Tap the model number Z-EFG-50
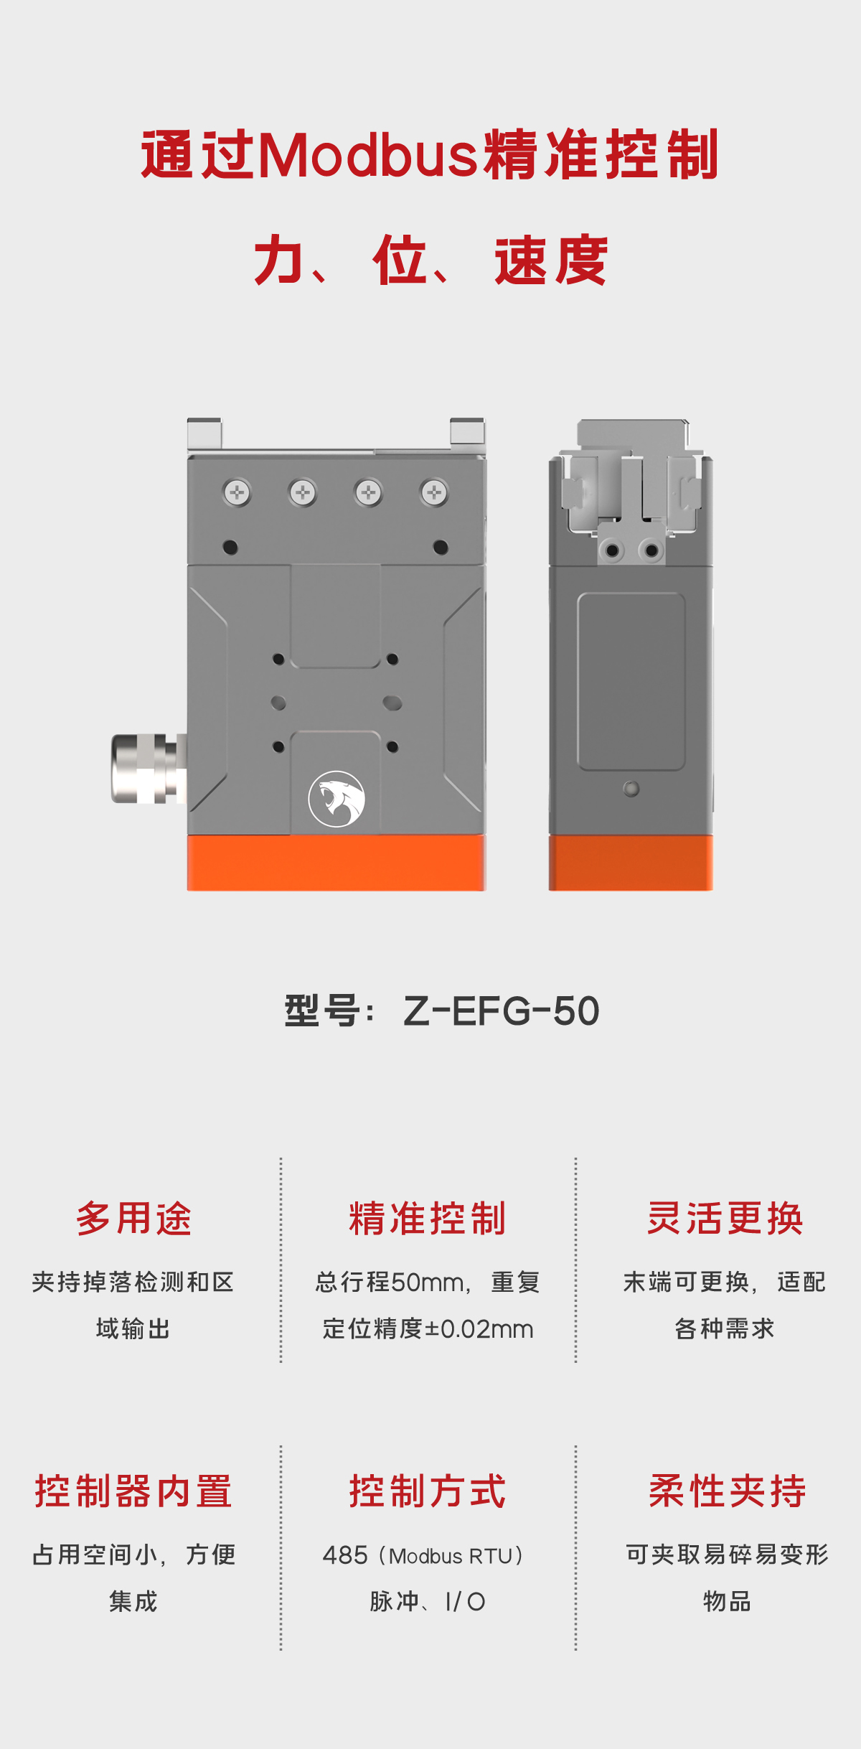pyautogui.click(x=501, y=1011)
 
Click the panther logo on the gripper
pyautogui.click(x=337, y=799)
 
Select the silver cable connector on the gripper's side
pyautogui.click(x=149, y=769)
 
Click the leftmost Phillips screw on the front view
pyautogui.click(x=237, y=493)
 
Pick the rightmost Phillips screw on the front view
pyautogui.click(x=434, y=493)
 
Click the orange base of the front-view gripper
pyautogui.click(x=337, y=863)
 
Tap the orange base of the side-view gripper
pyautogui.click(x=631, y=863)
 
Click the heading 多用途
pyautogui.click(x=133, y=1219)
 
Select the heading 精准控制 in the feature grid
pyautogui.click(x=428, y=1219)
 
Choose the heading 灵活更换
pyautogui.click(x=725, y=1219)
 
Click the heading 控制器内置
pyautogui.click(x=133, y=1491)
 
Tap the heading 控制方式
pyautogui.click(x=428, y=1491)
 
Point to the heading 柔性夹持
pyautogui.click(x=728, y=1491)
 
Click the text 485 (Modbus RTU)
pyautogui.click(x=424, y=1555)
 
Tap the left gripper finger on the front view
pyautogui.click(x=204, y=433)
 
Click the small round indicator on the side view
pyautogui.click(x=631, y=789)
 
